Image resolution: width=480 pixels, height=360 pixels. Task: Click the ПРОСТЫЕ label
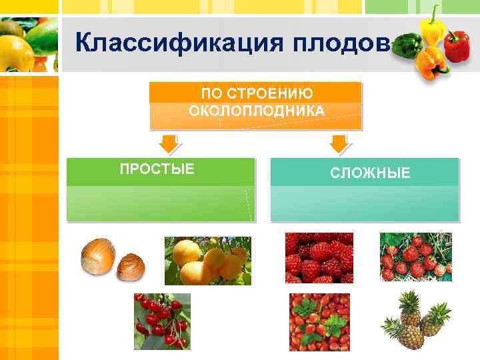(157, 169)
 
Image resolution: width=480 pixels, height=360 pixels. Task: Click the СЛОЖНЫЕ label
(371, 173)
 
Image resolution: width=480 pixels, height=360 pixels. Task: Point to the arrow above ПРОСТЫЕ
(167, 143)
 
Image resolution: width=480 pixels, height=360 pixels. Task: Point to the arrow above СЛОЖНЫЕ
(339, 143)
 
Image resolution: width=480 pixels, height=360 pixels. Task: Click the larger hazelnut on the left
(97, 256)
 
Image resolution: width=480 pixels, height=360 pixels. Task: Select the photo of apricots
(207, 261)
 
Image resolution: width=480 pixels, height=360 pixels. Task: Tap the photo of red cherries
(162, 321)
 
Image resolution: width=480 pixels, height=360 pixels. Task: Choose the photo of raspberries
(319, 258)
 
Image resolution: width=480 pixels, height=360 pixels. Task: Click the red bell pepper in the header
(457, 45)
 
